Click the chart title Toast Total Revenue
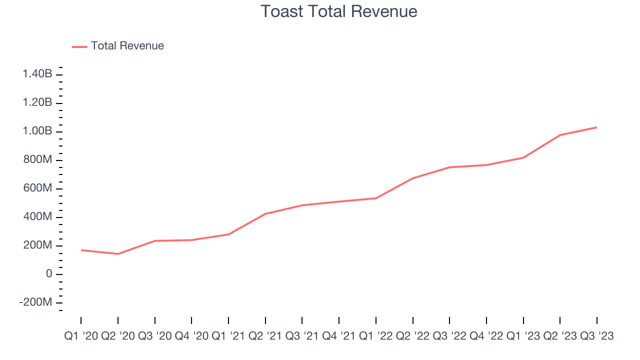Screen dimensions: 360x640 click(339, 11)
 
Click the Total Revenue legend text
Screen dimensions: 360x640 click(127, 46)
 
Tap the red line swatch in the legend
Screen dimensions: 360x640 click(80, 46)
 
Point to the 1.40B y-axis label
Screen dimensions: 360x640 click(37, 74)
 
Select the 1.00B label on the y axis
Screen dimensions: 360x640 click(37, 131)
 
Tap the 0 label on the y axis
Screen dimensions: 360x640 click(48, 274)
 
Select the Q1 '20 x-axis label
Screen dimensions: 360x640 click(81, 336)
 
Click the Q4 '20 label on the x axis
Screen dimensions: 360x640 click(191, 336)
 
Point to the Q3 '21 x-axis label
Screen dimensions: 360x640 click(302, 336)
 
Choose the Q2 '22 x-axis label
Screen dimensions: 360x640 click(412, 336)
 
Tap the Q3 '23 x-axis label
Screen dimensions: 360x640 click(596, 336)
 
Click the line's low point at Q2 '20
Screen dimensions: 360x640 click(118, 254)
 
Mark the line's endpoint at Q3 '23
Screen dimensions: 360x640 click(596, 127)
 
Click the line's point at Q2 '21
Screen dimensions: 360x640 click(265, 214)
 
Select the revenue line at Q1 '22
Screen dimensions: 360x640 click(375, 198)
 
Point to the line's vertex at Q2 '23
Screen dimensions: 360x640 click(560, 135)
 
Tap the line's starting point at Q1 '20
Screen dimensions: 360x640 click(81, 250)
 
